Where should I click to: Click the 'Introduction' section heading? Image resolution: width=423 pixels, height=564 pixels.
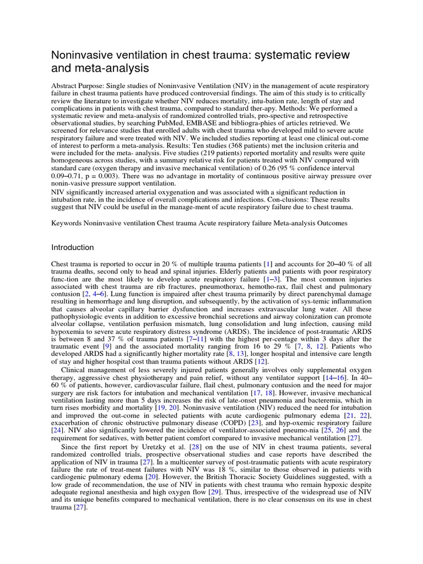pos(72,247)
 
